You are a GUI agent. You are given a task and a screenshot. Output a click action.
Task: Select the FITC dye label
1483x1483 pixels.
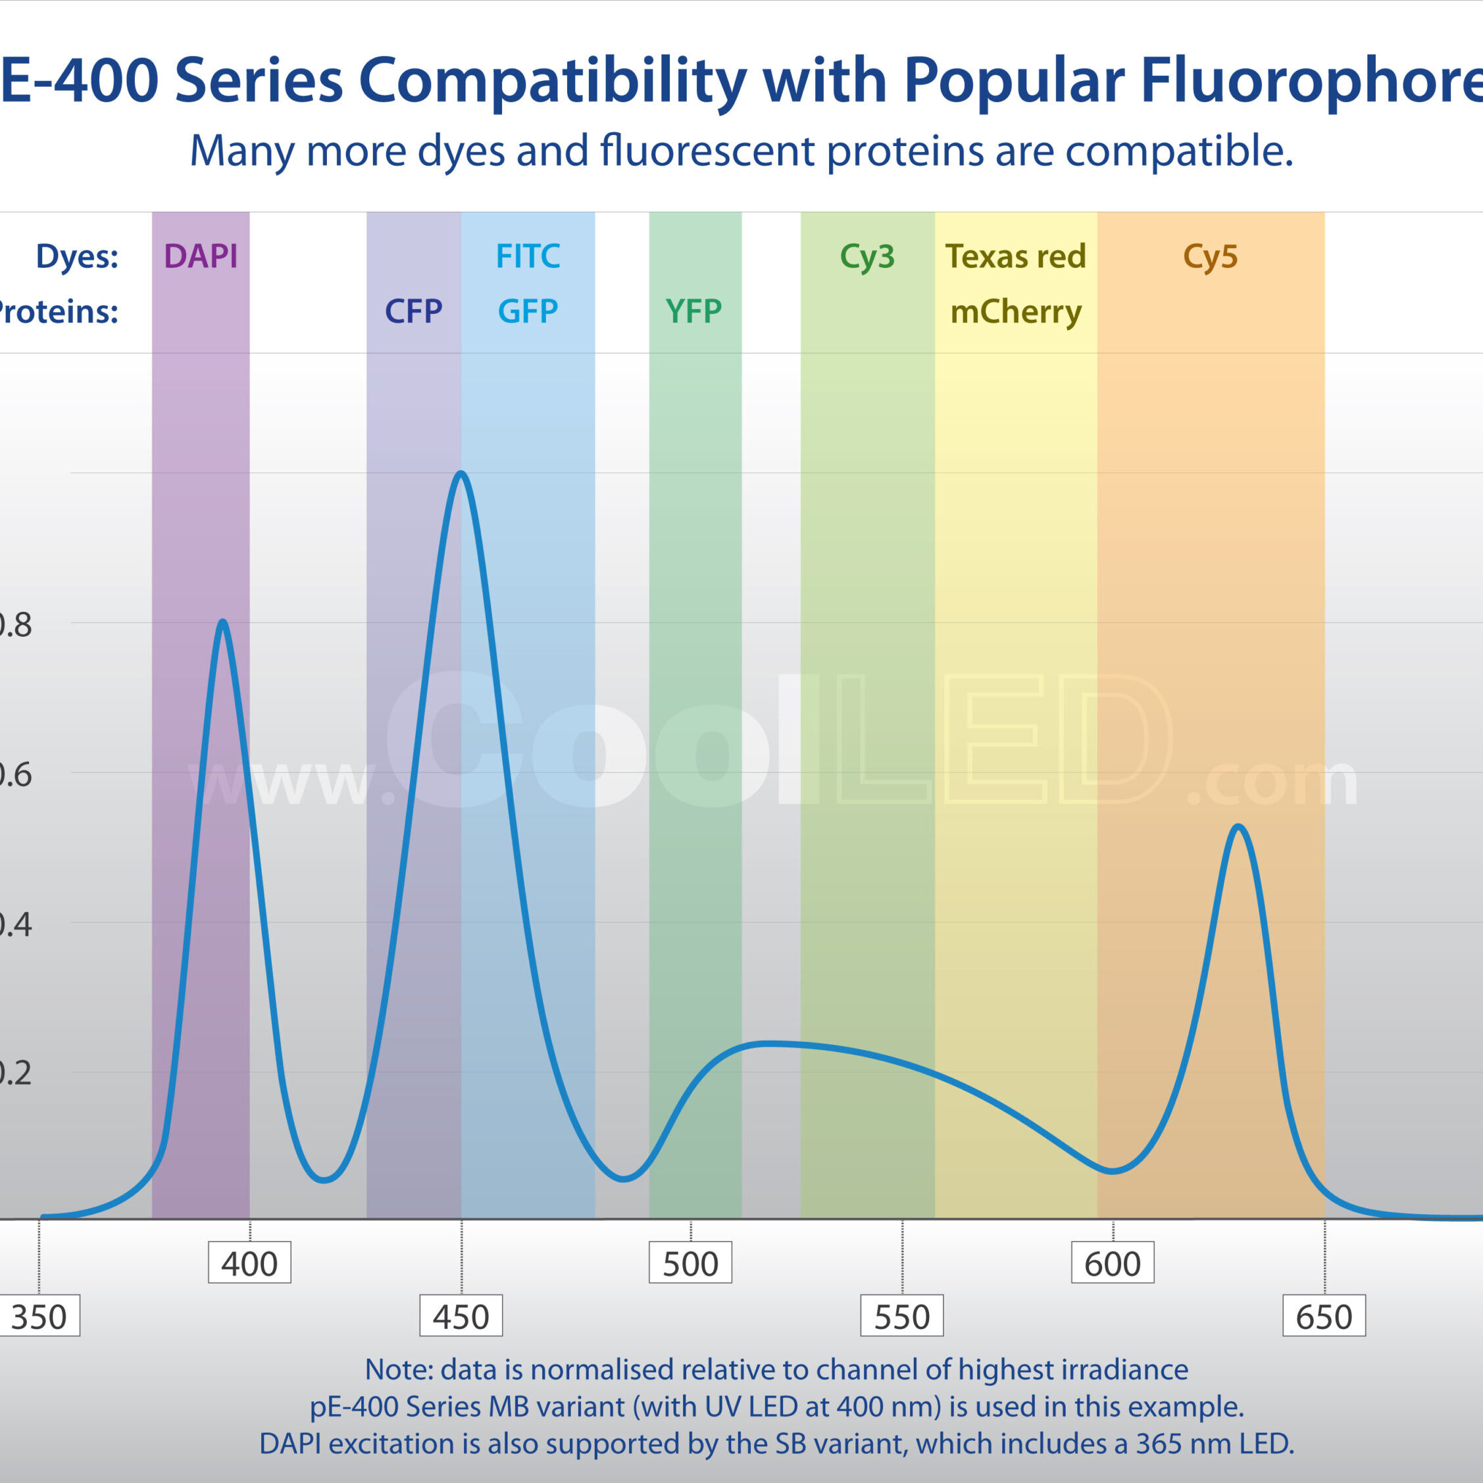click(x=528, y=257)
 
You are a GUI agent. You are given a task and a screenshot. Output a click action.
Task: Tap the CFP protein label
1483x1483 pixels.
click(x=413, y=312)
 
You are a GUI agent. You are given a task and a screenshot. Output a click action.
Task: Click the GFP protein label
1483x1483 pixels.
click(x=528, y=312)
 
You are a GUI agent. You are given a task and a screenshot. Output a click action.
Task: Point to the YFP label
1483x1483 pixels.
click(x=694, y=312)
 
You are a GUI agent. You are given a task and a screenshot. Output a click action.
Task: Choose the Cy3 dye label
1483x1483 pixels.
click(x=867, y=257)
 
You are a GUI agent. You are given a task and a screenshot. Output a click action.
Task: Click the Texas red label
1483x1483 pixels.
click(x=1016, y=257)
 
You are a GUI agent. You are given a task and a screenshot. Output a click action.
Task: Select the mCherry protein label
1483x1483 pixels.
click(x=1016, y=313)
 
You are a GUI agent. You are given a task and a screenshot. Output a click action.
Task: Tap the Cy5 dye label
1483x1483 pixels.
click(x=1211, y=257)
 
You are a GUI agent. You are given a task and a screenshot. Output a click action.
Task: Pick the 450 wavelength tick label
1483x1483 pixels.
click(x=461, y=1317)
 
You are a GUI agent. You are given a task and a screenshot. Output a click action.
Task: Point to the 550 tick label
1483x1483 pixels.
click(x=902, y=1317)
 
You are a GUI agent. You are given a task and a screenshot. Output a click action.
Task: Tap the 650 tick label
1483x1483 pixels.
click(x=1324, y=1317)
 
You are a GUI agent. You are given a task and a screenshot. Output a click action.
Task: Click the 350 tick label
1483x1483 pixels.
click(x=38, y=1317)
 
